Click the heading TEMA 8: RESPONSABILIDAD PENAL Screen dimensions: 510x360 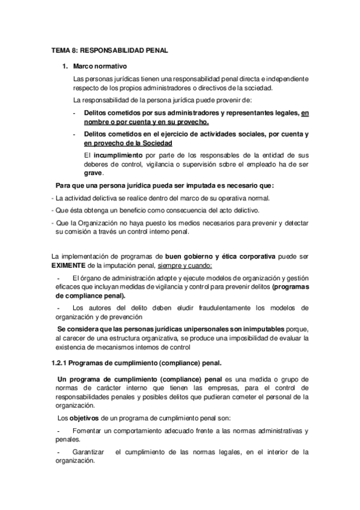coord(109,52)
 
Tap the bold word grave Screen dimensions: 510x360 coord(93,173)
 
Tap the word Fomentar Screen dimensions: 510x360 coord(88,431)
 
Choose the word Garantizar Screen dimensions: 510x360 coord(88,452)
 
